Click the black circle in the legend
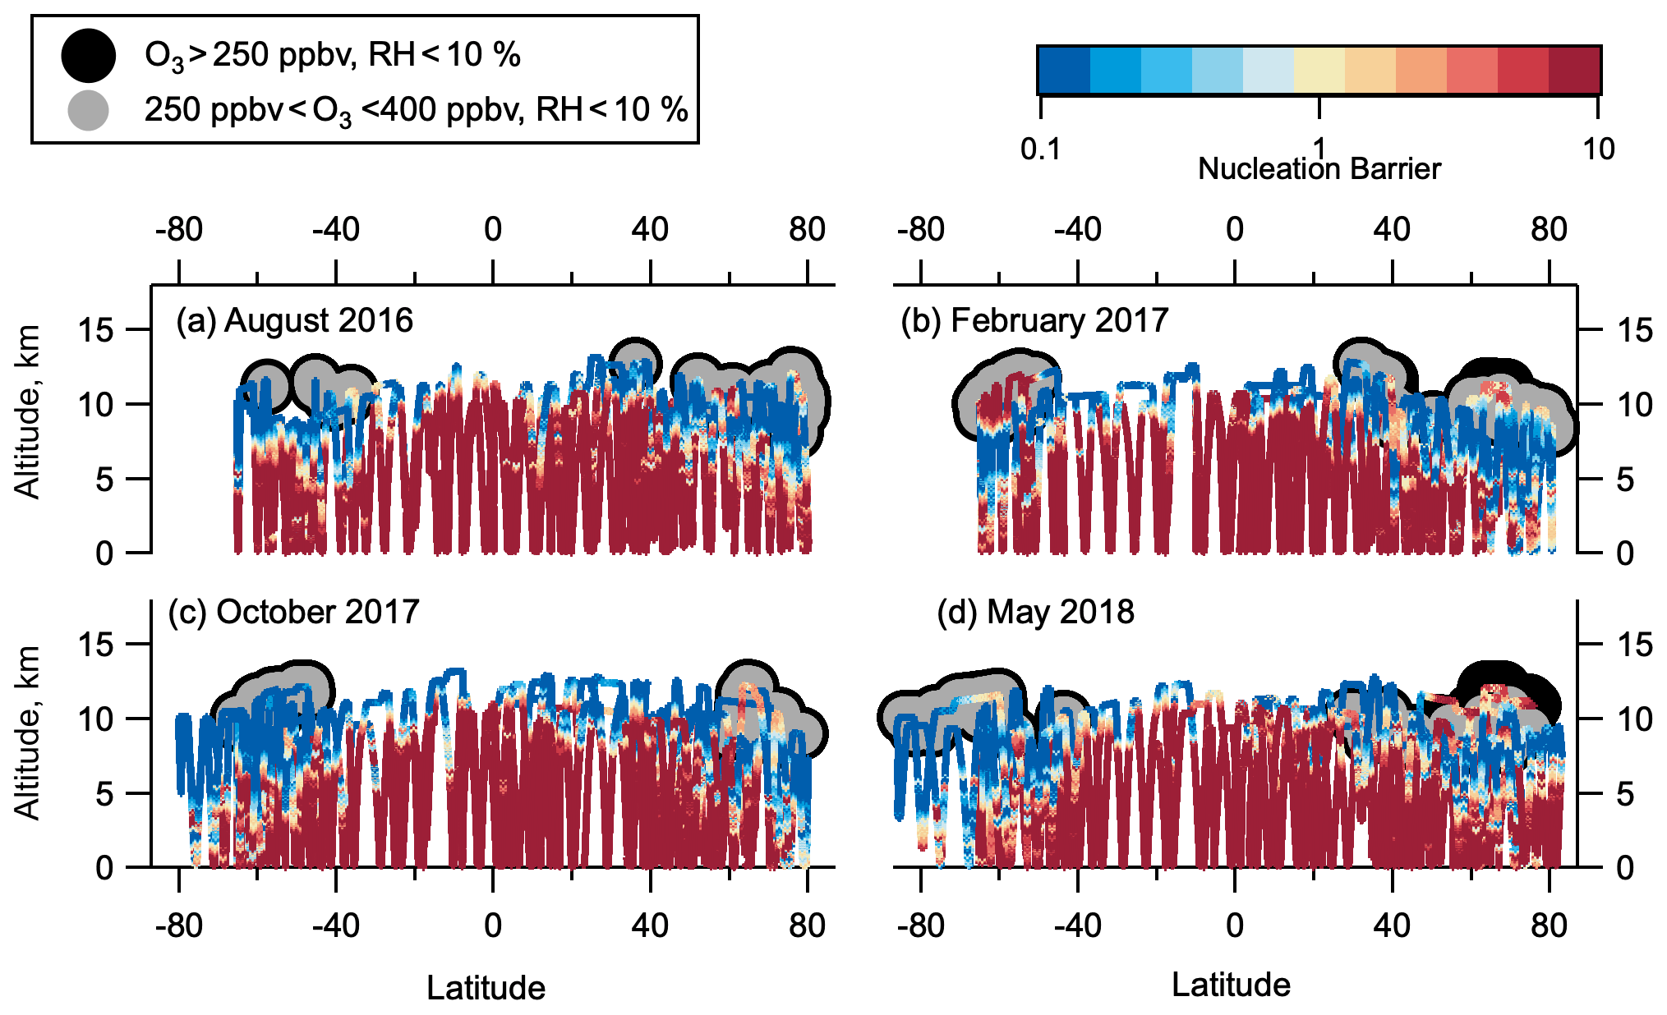pyautogui.click(x=88, y=56)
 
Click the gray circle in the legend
pyautogui.click(x=88, y=110)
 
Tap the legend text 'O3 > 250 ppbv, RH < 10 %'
pyautogui.click(x=332, y=56)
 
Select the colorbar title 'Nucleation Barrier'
pyautogui.click(x=1319, y=168)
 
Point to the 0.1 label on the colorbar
pyautogui.click(x=1040, y=149)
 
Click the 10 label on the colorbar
pyautogui.click(x=1597, y=149)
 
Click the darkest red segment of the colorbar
pyautogui.click(x=1574, y=70)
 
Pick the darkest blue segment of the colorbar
pyautogui.click(x=1064, y=70)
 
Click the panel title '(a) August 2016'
pyautogui.click(x=294, y=320)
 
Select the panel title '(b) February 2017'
pyautogui.click(x=1034, y=320)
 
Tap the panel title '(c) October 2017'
pyautogui.click(x=293, y=612)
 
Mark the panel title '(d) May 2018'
pyautogui.click(x=1035, y=612)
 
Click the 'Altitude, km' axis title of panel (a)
pyautogui.click(x=28, y=411)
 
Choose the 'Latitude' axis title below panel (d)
pyautogui.click(x=1231, y=985)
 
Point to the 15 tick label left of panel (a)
pyautogui.click(x=95, y=331)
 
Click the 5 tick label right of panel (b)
pyautogui.click(x=1624, y=480)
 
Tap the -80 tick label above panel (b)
pyautogui.click(x=920, y=230)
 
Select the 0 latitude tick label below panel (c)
pyautogui.click(x=492, y=925)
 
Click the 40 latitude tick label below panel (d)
pyautogui.click(x=1392, y=925)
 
